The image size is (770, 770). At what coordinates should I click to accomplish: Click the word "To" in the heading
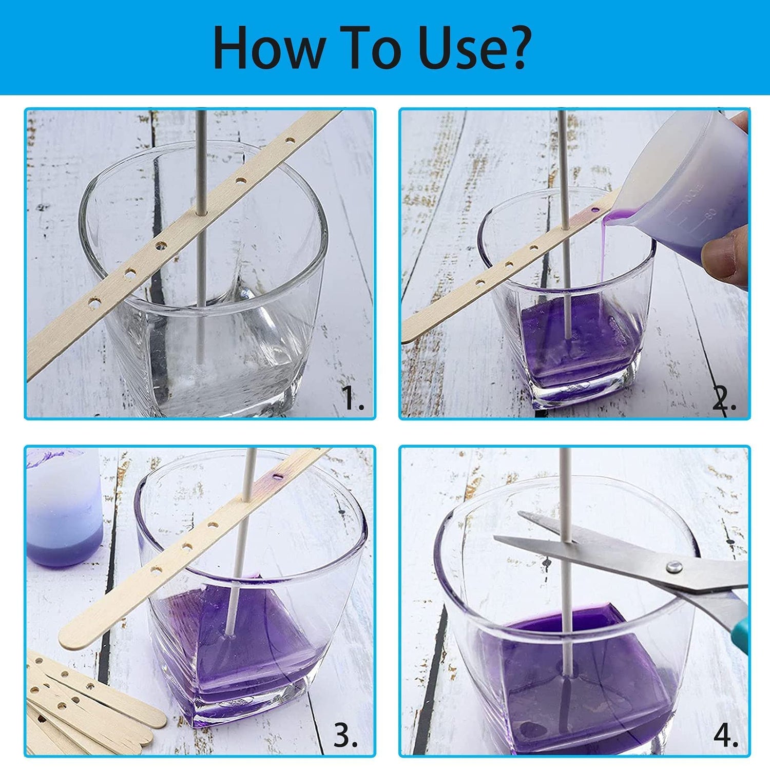point(372,47)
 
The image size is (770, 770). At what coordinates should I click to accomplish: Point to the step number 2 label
point(724,398)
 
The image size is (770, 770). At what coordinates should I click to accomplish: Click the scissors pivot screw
point(673,567)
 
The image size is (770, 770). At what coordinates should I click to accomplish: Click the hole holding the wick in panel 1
point(201,210)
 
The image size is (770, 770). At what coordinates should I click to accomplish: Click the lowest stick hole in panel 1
point(94,303)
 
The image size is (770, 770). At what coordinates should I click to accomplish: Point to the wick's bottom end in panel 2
point(567,336)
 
